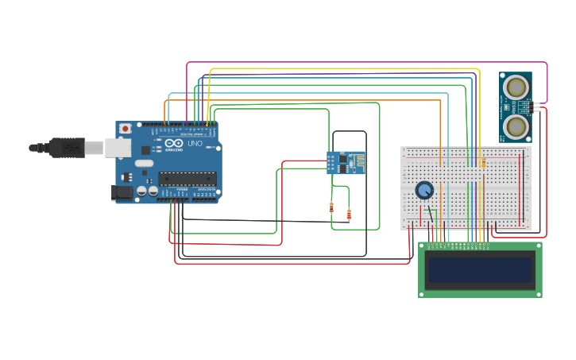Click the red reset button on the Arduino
[x=125, y=129]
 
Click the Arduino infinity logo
[x=172, y=143]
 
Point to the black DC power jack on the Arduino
[x=122, y=192]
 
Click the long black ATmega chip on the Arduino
[x=187, y=178]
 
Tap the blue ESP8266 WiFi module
[x=346, y=162]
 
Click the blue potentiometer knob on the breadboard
[x=424, y=190]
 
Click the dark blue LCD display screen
[x=480, y=269]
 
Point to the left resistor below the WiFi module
[x=331, y=208]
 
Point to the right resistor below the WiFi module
[x=350, y=214]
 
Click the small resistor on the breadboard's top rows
[x=483, y=163]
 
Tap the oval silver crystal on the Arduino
[x=144, y=163]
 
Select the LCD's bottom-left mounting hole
[x=423, y=293]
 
